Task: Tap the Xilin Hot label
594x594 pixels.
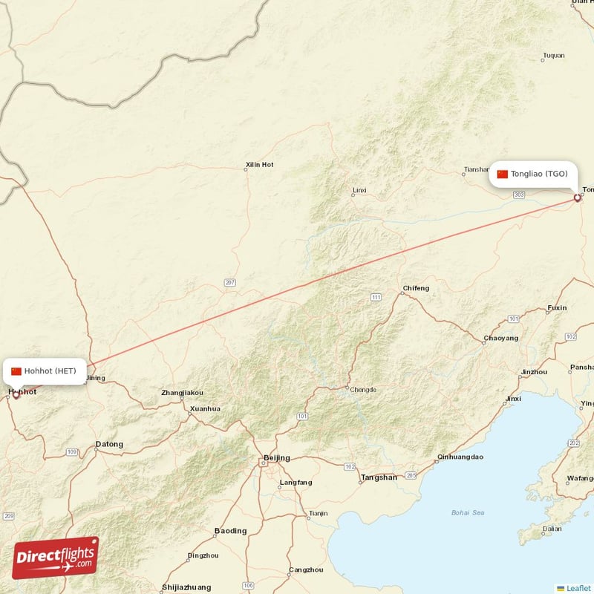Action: (259, 164)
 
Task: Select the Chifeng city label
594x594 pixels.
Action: (416, 288)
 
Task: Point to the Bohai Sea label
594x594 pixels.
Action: (468, 512)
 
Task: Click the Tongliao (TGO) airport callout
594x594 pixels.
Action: (532, 174)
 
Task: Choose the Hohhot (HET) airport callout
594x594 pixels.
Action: (44, 371)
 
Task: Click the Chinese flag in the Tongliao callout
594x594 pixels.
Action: (503, 174)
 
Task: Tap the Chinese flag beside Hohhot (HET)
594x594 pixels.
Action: (16, 371)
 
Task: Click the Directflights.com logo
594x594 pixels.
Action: (56, 558)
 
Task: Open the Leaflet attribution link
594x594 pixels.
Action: (578, 588)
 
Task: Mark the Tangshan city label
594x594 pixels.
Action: (379, 477)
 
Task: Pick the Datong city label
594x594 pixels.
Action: (109, 445)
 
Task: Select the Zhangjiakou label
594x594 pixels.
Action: (182, 392)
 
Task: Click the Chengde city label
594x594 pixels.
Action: (363, 389)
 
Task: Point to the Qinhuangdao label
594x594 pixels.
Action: (460, 457)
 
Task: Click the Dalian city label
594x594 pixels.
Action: (552, 529)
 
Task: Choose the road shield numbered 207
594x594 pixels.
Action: (230, 283)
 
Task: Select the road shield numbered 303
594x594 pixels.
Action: (519, 195)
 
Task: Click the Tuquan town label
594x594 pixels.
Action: (554, 56)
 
